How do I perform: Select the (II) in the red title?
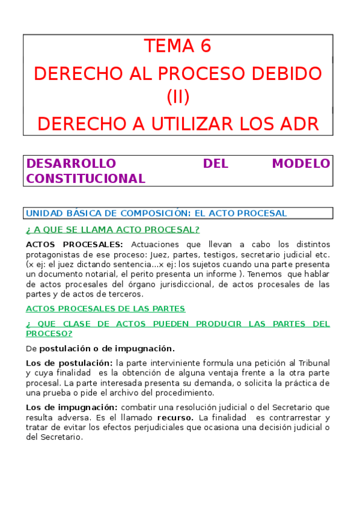click(x=178, y=96)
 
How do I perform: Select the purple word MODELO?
click(x=301, y=164)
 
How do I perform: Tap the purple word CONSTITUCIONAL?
click(x=85, y=179)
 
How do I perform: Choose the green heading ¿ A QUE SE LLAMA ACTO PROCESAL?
click(x=112, y=230)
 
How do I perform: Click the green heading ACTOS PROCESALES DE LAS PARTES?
click(x=105, y=309)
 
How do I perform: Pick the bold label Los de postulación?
click(x=69, y=363)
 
